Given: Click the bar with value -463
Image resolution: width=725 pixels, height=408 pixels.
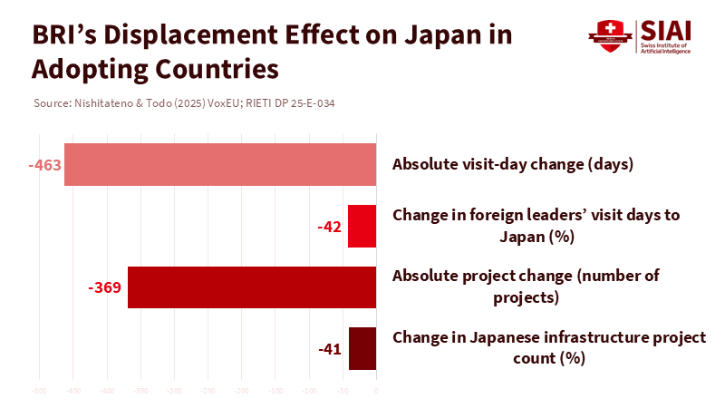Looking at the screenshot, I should tap(220, 165).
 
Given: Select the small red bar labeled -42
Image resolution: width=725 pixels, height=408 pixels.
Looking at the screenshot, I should tap(362, 227).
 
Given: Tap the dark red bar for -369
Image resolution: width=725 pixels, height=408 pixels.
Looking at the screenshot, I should tap(252, 287).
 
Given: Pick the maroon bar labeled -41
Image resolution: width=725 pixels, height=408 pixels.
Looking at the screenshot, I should tap(362, 349).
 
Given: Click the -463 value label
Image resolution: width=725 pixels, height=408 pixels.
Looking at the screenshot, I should tap(43, 165).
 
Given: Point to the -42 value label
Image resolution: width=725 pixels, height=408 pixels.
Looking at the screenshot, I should tap(328, 227).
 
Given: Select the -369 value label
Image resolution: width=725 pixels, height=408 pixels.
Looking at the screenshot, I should tap(105, 287).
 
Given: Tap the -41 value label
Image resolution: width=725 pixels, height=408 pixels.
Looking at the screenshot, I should tap(329, 349).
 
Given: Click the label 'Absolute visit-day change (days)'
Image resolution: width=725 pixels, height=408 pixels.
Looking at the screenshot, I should tap(512, 165).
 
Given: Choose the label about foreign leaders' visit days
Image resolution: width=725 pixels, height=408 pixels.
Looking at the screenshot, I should tap(536, 226).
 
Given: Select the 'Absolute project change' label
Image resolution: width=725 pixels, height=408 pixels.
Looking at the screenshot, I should tap(526, 287).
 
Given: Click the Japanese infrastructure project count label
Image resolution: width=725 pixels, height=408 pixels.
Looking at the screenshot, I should tap(549, 348).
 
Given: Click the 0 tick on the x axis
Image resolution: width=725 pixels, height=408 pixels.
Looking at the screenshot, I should tap(376, 391).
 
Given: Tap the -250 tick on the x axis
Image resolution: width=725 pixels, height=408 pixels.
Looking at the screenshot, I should tap(208, 391).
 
